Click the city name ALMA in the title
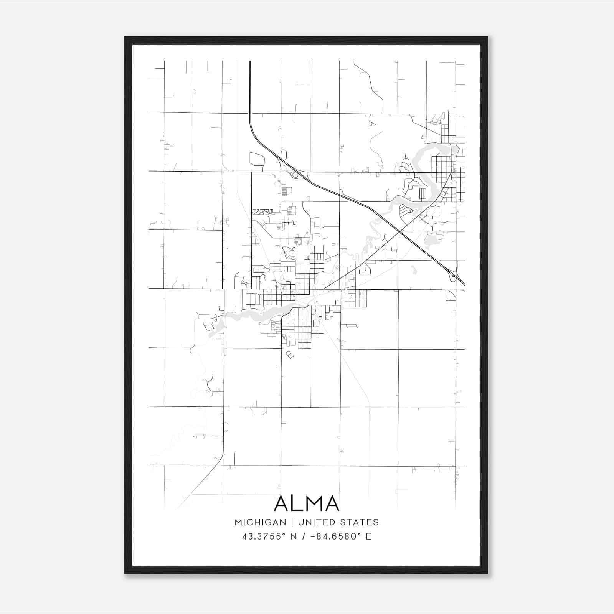[307, 503]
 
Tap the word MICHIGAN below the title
[260, 522]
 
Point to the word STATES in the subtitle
[360, 522]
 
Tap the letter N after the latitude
[294, 536]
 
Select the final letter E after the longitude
[369, 536]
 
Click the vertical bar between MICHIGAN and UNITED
[292, 522]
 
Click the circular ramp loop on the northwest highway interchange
[295, 175]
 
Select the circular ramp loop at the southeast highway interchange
[453, 279]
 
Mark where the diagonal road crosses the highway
[399, 233]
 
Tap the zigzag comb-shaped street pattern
[264, 211]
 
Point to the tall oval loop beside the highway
[284, 155]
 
